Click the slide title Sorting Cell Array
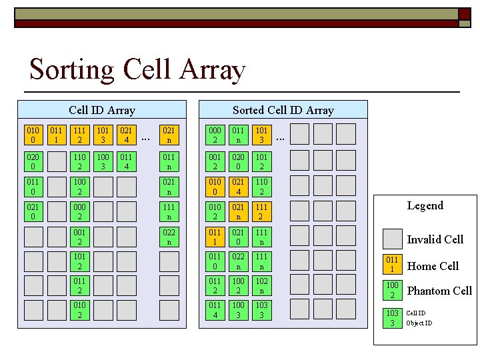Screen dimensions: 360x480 pyautogui.click(x=137, y=70)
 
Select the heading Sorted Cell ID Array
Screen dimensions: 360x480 pyautogui.click(x=283, y=110)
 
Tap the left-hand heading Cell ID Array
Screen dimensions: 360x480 pyautogui.click(x=101, y=110)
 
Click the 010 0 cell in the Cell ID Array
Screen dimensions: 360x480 pyautogui.click(x=33, y=134)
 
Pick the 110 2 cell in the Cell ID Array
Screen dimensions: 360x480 pyautogui.click(x=79, y=160)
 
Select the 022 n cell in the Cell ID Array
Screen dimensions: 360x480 pyautogui.click(x=169, y=237)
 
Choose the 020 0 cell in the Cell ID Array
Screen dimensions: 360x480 pyautogui.click(x=33, y=160)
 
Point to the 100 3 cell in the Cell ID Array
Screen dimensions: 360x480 pyautogui.click(x=103, y=160)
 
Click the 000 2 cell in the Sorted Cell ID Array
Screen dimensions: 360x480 pyautogui.click(x=215, y=134)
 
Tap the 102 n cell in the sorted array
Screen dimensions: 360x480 pyautogui.click(x=261, y=285)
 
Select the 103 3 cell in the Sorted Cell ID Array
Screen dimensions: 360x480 pyautogui.click(x=261, y=311)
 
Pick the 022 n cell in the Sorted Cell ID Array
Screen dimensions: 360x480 pyautogui.click(x=238, y=261)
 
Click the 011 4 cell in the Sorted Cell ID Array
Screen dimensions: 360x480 pyautogui.click(x=215, y=311)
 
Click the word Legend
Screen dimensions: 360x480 pyautogui.click(x=425, y=205)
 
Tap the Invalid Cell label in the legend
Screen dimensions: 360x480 pyautogui.click(x=435, y=239)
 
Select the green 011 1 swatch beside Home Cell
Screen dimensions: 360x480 pyautogui.click(x=392, y=264)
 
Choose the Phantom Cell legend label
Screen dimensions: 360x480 pyautogui.click(x=439, y=291)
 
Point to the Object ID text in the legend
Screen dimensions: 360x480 pyautogui.click(x=419, y=323)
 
